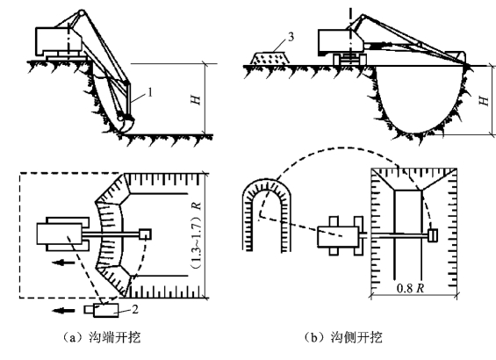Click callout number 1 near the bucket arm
pos(150,92)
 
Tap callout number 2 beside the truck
pos(135,309)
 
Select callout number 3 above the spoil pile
pos(291,37)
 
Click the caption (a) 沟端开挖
pos(102,337)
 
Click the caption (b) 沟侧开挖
pos(343,337)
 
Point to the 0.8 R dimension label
pos(410,288)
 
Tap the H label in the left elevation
pos(196,99)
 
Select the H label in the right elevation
pos(484,101)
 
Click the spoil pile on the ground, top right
pos(270,58)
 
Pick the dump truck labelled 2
pos(102,310)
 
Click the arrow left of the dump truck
pos(63,311)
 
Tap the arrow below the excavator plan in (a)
pos(63,262)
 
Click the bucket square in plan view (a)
pos(145,234)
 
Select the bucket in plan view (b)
pos(433,235)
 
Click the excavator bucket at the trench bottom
pos(126,124)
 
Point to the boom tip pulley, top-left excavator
pos(82,13)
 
